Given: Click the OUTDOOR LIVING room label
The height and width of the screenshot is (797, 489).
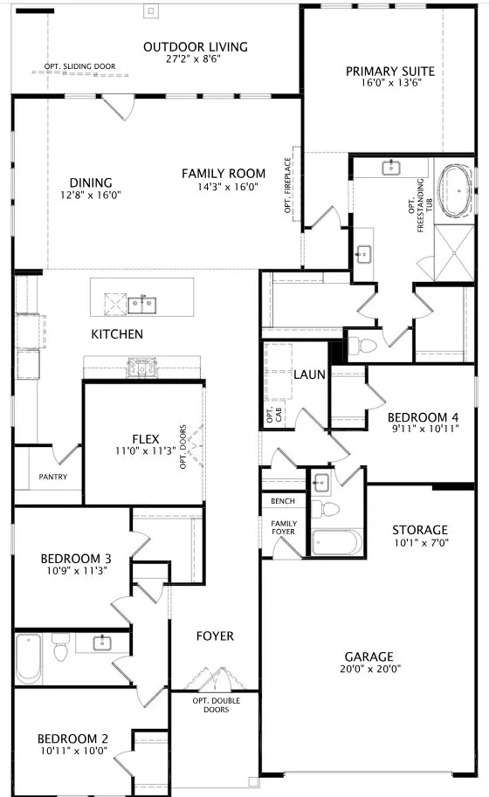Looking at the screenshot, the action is click(196, 47).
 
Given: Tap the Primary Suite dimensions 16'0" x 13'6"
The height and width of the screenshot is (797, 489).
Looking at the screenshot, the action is click(391, 83).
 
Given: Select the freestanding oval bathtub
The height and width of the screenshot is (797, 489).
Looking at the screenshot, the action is click(456, 191).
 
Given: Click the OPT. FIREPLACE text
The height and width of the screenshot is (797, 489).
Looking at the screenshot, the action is click(287, 185).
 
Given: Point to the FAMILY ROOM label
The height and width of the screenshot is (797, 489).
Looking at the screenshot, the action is click(224, 174).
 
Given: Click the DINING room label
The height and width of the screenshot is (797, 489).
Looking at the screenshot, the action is click(91, 182).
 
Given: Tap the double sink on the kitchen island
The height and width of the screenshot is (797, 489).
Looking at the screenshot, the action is click(141, 305).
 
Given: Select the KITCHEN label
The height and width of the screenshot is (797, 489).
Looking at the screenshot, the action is click(117, 334).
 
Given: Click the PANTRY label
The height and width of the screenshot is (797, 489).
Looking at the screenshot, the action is click(53, 477).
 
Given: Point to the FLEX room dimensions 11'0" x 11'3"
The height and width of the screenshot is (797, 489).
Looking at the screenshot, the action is click(146, 450).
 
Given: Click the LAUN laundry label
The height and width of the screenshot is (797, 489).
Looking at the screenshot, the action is click(309, 374).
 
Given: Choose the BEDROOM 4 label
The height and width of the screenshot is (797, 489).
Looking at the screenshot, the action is click(423, 417).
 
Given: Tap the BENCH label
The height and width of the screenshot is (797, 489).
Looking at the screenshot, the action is click(283, 501).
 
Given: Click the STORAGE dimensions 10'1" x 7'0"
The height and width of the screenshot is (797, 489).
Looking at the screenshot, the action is click(421, 542).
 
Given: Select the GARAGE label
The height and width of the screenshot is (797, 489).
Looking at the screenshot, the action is click(369, 656).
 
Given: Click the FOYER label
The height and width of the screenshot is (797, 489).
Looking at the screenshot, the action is click(215, 636).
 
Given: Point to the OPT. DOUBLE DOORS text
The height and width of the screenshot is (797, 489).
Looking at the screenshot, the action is click(216, 705).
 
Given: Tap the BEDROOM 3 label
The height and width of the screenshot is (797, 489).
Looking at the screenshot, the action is click(76, 559).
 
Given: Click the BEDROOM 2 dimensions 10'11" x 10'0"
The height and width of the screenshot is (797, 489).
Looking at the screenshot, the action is click(74, 751).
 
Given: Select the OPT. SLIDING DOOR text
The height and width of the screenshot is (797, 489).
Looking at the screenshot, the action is click(79, 66).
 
